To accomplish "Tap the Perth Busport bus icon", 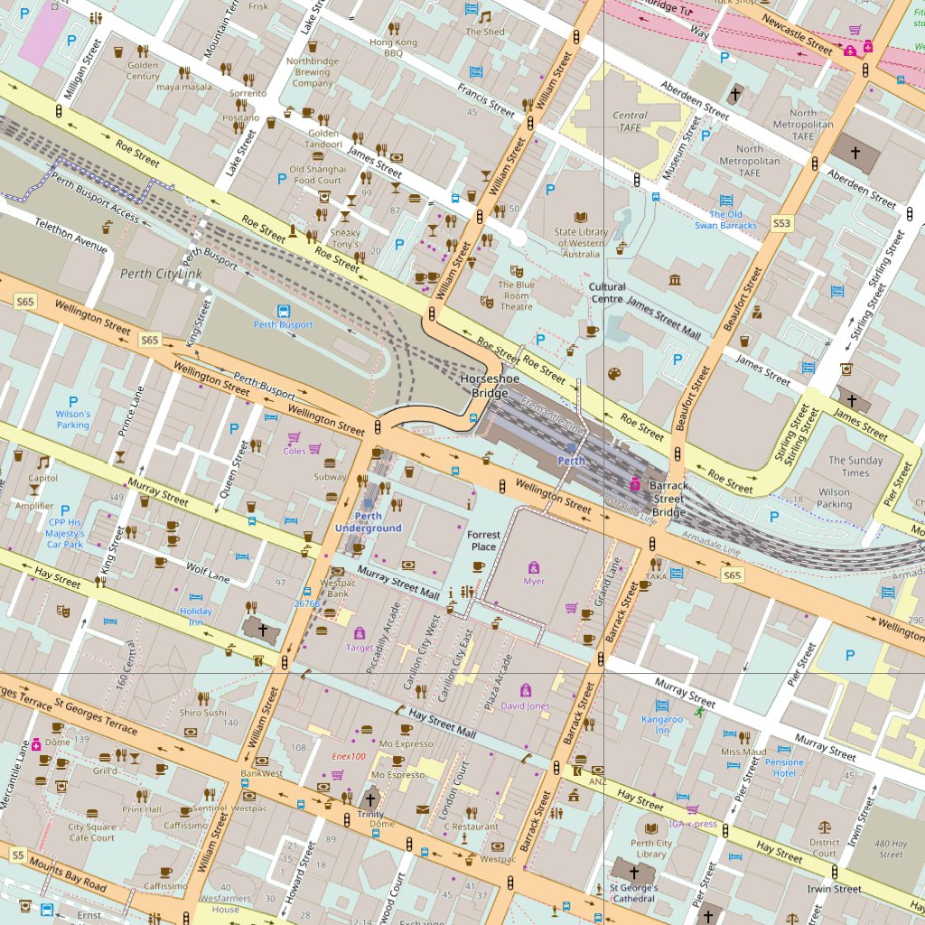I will click(x=284, y=310).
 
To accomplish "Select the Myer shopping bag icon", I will click(x=534, y=567).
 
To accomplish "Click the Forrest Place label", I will click(x=483, y=540).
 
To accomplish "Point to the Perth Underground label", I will click(x=368, y=522).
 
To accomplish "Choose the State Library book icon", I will click(x=581, y=217).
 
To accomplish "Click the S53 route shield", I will click(x=781, y=222).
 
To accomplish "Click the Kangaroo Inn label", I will click(x=662, y=724).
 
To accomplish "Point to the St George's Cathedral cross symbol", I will click(x=633, y=873).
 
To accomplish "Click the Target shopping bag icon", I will click(x=360, y=632).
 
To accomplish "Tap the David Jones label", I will click(x=525, y=705).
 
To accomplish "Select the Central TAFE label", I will click(x=630, y=121).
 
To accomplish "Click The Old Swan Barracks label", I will click(x=725, y=220).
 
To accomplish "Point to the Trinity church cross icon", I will click(x=369, y=799).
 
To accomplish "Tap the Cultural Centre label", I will click(x=607, y=293).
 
